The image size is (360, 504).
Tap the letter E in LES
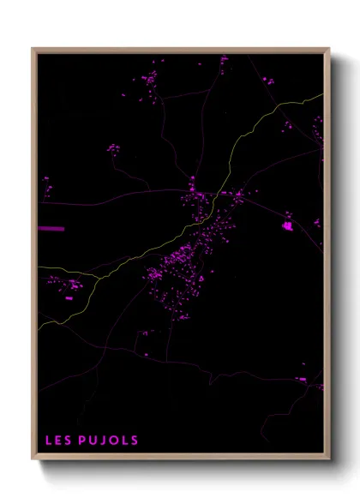tap(58, 441)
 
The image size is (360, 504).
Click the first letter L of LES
tap(49, 441)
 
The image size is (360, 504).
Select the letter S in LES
tap(68, 441)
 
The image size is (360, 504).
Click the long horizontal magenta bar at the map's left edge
tap(51, 229)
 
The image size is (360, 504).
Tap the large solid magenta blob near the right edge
tap(287, 226)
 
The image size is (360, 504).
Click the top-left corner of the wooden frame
tap(33, 49)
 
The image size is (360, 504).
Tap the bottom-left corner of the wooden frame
tap(33, 459)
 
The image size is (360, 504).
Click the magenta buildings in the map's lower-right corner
tap(302, 379)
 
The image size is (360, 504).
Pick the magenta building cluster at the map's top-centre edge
tap(224, 60)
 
